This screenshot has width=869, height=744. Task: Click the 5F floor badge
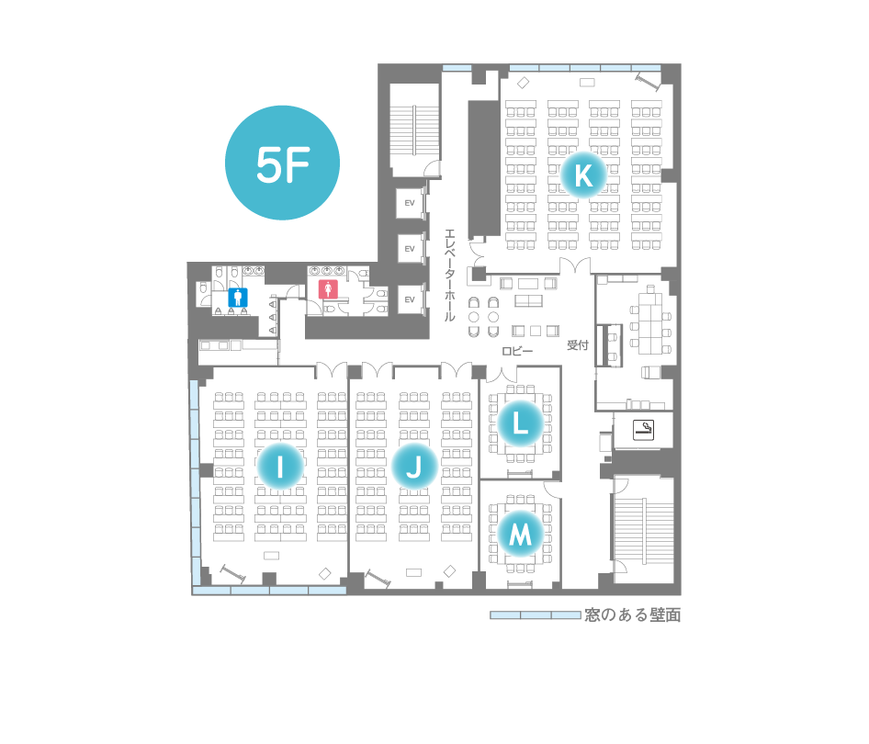click(282, 163)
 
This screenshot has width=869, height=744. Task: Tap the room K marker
click(583, 175)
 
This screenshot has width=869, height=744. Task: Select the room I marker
click(280, 466)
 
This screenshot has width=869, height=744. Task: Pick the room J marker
click(414, 466)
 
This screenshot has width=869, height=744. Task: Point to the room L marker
click(520, 423)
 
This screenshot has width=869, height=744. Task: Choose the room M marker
click(520, 535)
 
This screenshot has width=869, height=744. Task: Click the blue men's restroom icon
click(238, 298)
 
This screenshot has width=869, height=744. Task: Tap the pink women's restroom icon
click(328, 289)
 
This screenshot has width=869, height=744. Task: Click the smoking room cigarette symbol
click(643, 429)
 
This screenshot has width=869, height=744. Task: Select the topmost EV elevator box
click(410, 203)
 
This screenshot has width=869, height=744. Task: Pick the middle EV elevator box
click(410, 249)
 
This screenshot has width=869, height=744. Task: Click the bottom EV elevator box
click(410, 299)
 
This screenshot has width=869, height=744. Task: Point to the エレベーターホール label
click(450, 275)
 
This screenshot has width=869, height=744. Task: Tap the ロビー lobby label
click(517, 351)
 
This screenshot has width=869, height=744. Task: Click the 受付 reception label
click(578, 345)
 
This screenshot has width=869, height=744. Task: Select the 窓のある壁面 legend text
click(632, 614)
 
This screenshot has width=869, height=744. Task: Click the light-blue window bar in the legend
click(536, 614)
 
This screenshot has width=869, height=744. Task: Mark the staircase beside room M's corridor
click(643, 532)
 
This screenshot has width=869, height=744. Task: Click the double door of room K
click(575, 266)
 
